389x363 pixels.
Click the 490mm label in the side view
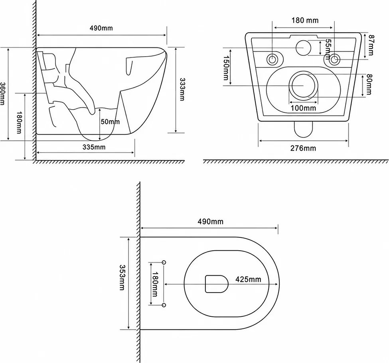click(101, 28)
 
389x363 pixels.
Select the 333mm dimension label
click(182, 89)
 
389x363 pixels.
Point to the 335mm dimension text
click(94, 147)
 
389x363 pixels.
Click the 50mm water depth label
click(110, 122)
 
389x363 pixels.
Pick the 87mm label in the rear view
click(371, 45)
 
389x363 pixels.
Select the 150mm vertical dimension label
click(226, 68)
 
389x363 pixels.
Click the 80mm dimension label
click(369, 84)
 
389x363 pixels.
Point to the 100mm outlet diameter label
click(303, 108)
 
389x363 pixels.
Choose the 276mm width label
click(303, 148)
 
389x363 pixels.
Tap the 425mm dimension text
click(248, 279)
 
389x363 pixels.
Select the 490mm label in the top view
click(210, 221)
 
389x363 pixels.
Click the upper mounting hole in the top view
click(164, 262)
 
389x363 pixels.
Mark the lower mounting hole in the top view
click(164, 305)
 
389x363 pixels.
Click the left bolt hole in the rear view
click(272, 59)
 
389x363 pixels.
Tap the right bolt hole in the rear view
click(334, 59)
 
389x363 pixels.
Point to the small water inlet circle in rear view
click(303, 47)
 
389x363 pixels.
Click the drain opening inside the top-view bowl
click(217, 284)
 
